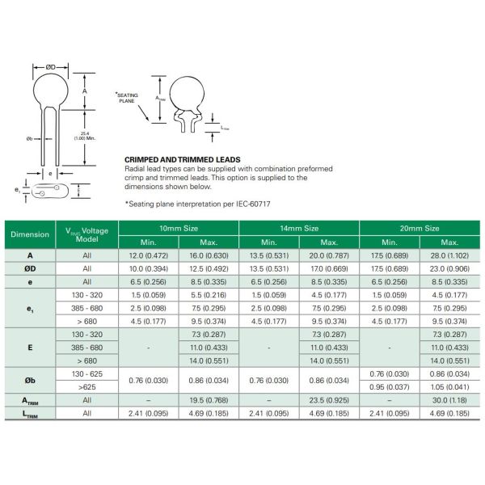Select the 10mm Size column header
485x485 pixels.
(x=179, y=229)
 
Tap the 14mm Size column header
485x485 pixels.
(x=299, y=229)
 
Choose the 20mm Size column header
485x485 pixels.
(x=420, y=229)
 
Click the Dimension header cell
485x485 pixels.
(x=29, y=235)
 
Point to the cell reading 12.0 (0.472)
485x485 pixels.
(x=149, y=255)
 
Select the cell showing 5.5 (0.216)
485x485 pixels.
(x=209, y=295)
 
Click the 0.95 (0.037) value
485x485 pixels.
(x=390, y=385)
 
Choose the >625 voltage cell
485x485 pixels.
(x=86, y=385)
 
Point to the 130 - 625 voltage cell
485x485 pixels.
(x=86, y=372)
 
